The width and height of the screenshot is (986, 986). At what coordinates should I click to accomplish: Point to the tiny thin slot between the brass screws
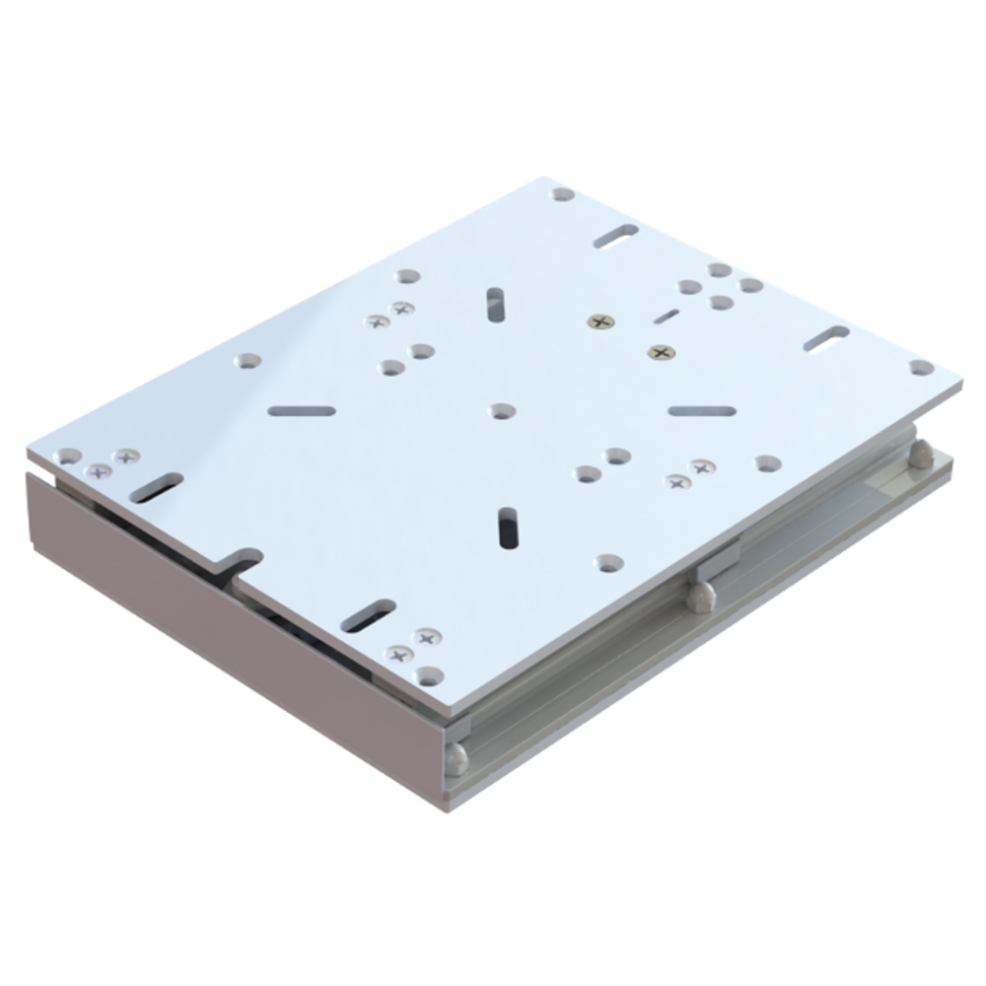pos(667,316)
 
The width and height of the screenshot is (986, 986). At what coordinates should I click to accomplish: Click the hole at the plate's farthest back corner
pos(563,194)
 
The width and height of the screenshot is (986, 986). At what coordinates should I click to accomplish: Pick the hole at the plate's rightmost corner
pos(921,368)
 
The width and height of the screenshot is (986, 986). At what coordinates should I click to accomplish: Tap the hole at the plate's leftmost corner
pos(68,457)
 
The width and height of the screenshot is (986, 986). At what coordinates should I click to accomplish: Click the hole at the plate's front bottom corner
pos(429,676)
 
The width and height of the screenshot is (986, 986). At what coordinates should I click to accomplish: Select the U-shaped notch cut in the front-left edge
pos(240,563)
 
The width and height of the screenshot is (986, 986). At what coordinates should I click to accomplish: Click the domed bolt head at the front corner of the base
pos(456,757)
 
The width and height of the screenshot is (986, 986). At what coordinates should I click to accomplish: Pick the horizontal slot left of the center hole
pos(302,410)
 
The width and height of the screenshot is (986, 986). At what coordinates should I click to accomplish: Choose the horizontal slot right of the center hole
pos(701,410)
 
